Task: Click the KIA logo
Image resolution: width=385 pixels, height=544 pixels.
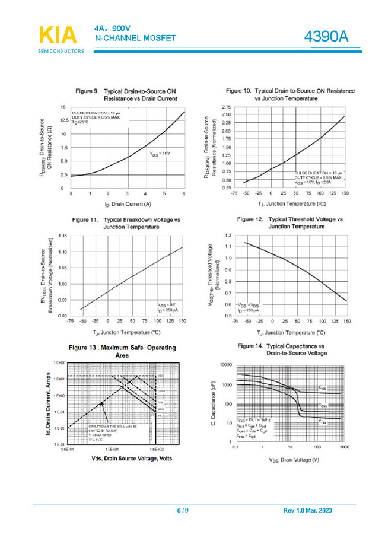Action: pyautogui.click(x=59, y=35)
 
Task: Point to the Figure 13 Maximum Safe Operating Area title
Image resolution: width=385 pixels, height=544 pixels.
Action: pyautogui.click(x=122, y=350)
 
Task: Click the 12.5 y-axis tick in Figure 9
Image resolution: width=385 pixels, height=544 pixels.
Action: pyautogui.click(x=63, y=120)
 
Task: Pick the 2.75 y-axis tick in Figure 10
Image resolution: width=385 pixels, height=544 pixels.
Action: pyautogui.click(x=226, y=107)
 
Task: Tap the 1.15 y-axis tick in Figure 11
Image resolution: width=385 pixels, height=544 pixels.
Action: pyautogui.click(x=62, y=236)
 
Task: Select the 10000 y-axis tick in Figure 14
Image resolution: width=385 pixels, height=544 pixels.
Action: pyautogui.click(x=225, y=366)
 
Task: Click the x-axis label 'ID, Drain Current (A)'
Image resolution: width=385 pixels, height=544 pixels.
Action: pyautogui.click(x=127, y=205)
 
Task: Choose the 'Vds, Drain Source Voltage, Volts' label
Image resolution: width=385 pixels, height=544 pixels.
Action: pyautogui.click(x=123, y=459)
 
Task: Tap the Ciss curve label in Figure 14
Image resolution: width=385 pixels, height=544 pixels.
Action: pyautogui.click(x=322, y=387)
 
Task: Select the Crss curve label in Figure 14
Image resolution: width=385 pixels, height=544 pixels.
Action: pyautogui.click(x=322, y=422)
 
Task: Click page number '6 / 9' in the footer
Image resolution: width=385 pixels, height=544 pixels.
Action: pyautogui.click(x=183, y=511)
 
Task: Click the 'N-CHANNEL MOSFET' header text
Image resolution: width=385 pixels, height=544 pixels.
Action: pyautogui.click(x=135, y=38)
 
